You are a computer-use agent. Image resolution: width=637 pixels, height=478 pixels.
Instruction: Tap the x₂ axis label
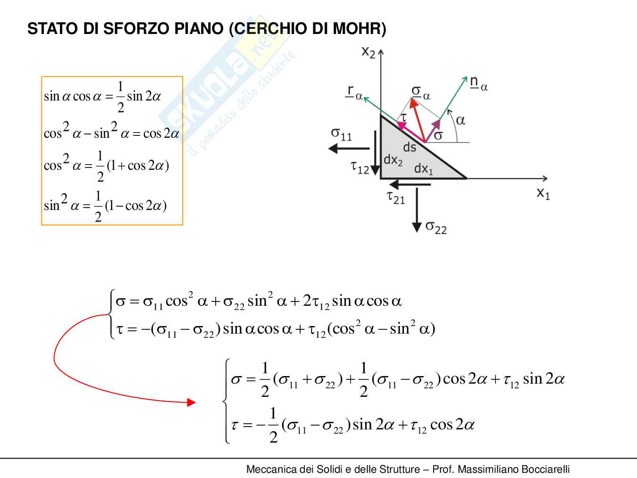(x=369, y=51)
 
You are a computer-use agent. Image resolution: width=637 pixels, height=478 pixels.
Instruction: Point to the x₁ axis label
(x=543, y=193)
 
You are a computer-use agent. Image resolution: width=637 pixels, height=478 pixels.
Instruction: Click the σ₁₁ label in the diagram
(x=341, y=134)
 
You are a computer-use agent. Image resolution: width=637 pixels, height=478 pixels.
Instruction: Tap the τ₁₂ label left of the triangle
(x=360, y=167)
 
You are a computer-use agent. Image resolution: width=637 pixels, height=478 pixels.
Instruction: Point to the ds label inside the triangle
(x=410, y=148)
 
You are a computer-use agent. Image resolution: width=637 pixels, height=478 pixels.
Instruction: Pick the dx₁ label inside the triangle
(x=423, y=168)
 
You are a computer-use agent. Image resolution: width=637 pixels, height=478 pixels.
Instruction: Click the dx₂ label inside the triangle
(x=393, y=160)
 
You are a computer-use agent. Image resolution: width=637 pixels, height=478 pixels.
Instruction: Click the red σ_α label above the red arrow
(x=420, y=92)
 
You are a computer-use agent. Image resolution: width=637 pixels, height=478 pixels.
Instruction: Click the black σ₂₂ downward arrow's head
(x=417, y=227)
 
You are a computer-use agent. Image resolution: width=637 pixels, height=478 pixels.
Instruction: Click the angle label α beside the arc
(x=461, y=120)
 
